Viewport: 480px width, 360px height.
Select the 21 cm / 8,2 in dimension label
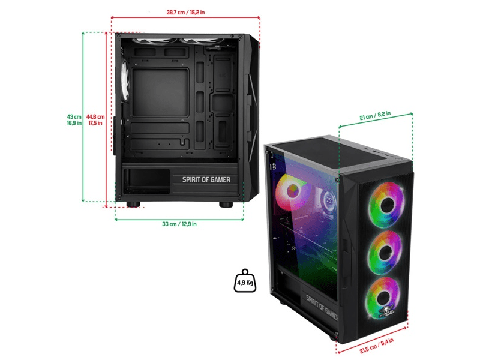(375, 118)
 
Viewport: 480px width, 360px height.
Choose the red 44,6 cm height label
(95, 120)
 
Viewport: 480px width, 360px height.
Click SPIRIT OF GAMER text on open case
(209, 178)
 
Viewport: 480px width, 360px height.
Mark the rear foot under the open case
(133, 205)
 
